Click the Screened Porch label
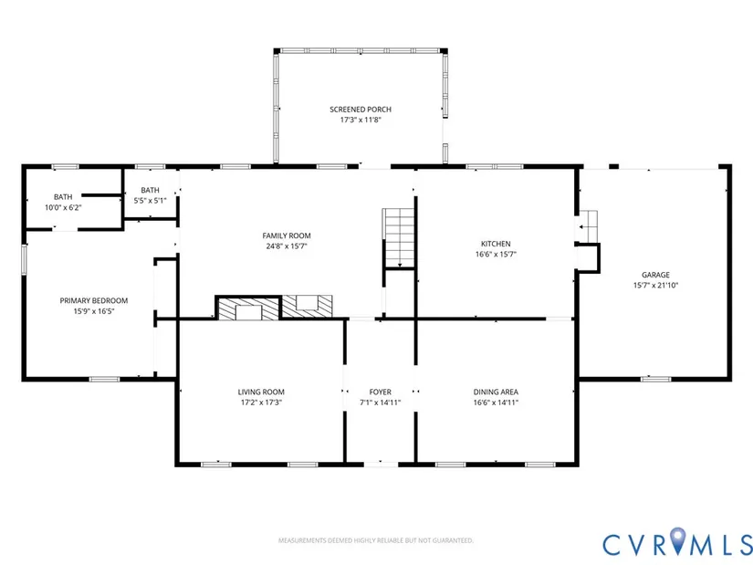pos(361,110)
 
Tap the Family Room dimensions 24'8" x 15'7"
pos(287,246)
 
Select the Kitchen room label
pos(496,244)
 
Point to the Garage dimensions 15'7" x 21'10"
pos(655,286)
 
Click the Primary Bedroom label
pos(94,301)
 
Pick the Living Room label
pos(261,392)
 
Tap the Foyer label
pos(381,392)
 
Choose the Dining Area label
pos(496,392)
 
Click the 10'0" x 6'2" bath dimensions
pos(63,208)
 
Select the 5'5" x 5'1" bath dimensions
pos(150,201)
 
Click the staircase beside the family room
pos(398,237)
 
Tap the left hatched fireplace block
pos(247,309)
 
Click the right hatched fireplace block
pos(307,306)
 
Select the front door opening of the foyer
pos(381,464)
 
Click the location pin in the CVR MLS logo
pos(678,540)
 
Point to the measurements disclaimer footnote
pos(376,540)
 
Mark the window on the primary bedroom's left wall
pos(24,259)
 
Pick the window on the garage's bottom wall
pos(655,379)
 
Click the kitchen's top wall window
pos(495,167)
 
